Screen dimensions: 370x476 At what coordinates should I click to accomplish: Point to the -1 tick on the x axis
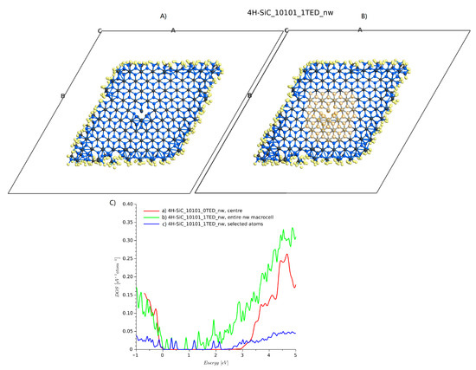[135, 355]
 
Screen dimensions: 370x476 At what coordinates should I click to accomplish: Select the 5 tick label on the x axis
[296, 355]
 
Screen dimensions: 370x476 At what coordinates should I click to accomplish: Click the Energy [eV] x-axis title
[215, 364]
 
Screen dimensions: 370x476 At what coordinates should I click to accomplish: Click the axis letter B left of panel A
[62, 96]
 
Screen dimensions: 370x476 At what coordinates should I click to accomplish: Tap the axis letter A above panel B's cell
[360, 30]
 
